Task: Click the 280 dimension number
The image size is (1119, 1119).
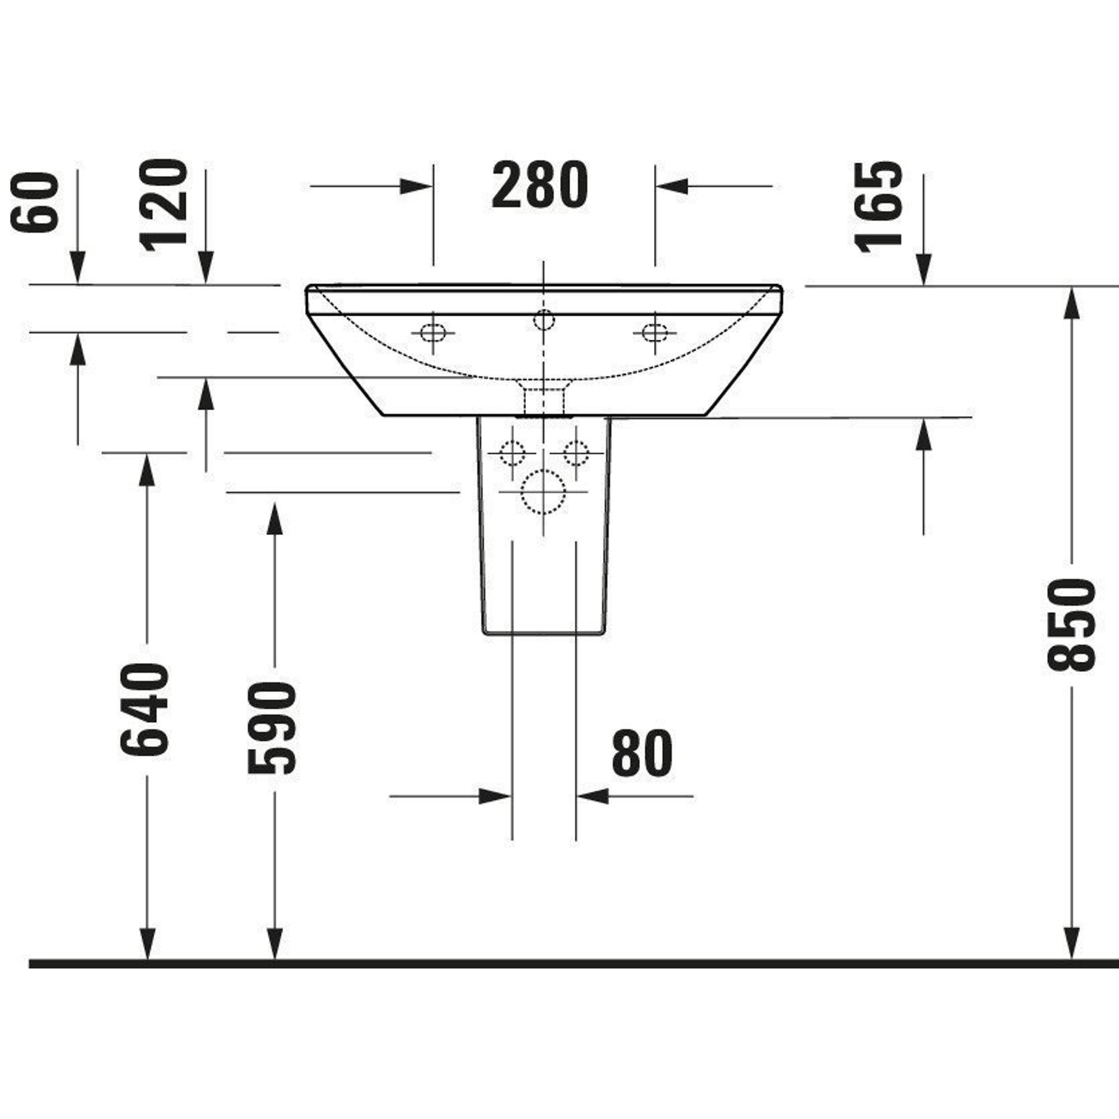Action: tap(539, 186)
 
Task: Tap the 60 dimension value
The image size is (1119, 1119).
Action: tap(35, 202)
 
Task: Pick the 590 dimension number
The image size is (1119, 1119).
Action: tap(272, 727)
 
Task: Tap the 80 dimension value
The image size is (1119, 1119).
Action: tap(642, 753)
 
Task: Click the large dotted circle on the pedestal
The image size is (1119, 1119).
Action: tap(543, 492)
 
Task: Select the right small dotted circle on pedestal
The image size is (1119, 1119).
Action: tap(576, 452)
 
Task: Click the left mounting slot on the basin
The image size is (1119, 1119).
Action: tap(432, 333)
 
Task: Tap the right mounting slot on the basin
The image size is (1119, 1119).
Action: tap(655, 333)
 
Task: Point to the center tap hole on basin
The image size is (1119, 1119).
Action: tap(543, 319)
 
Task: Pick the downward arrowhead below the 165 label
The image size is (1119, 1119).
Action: tap(923, 270)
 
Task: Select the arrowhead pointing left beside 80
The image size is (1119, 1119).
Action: tap(593, 796)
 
